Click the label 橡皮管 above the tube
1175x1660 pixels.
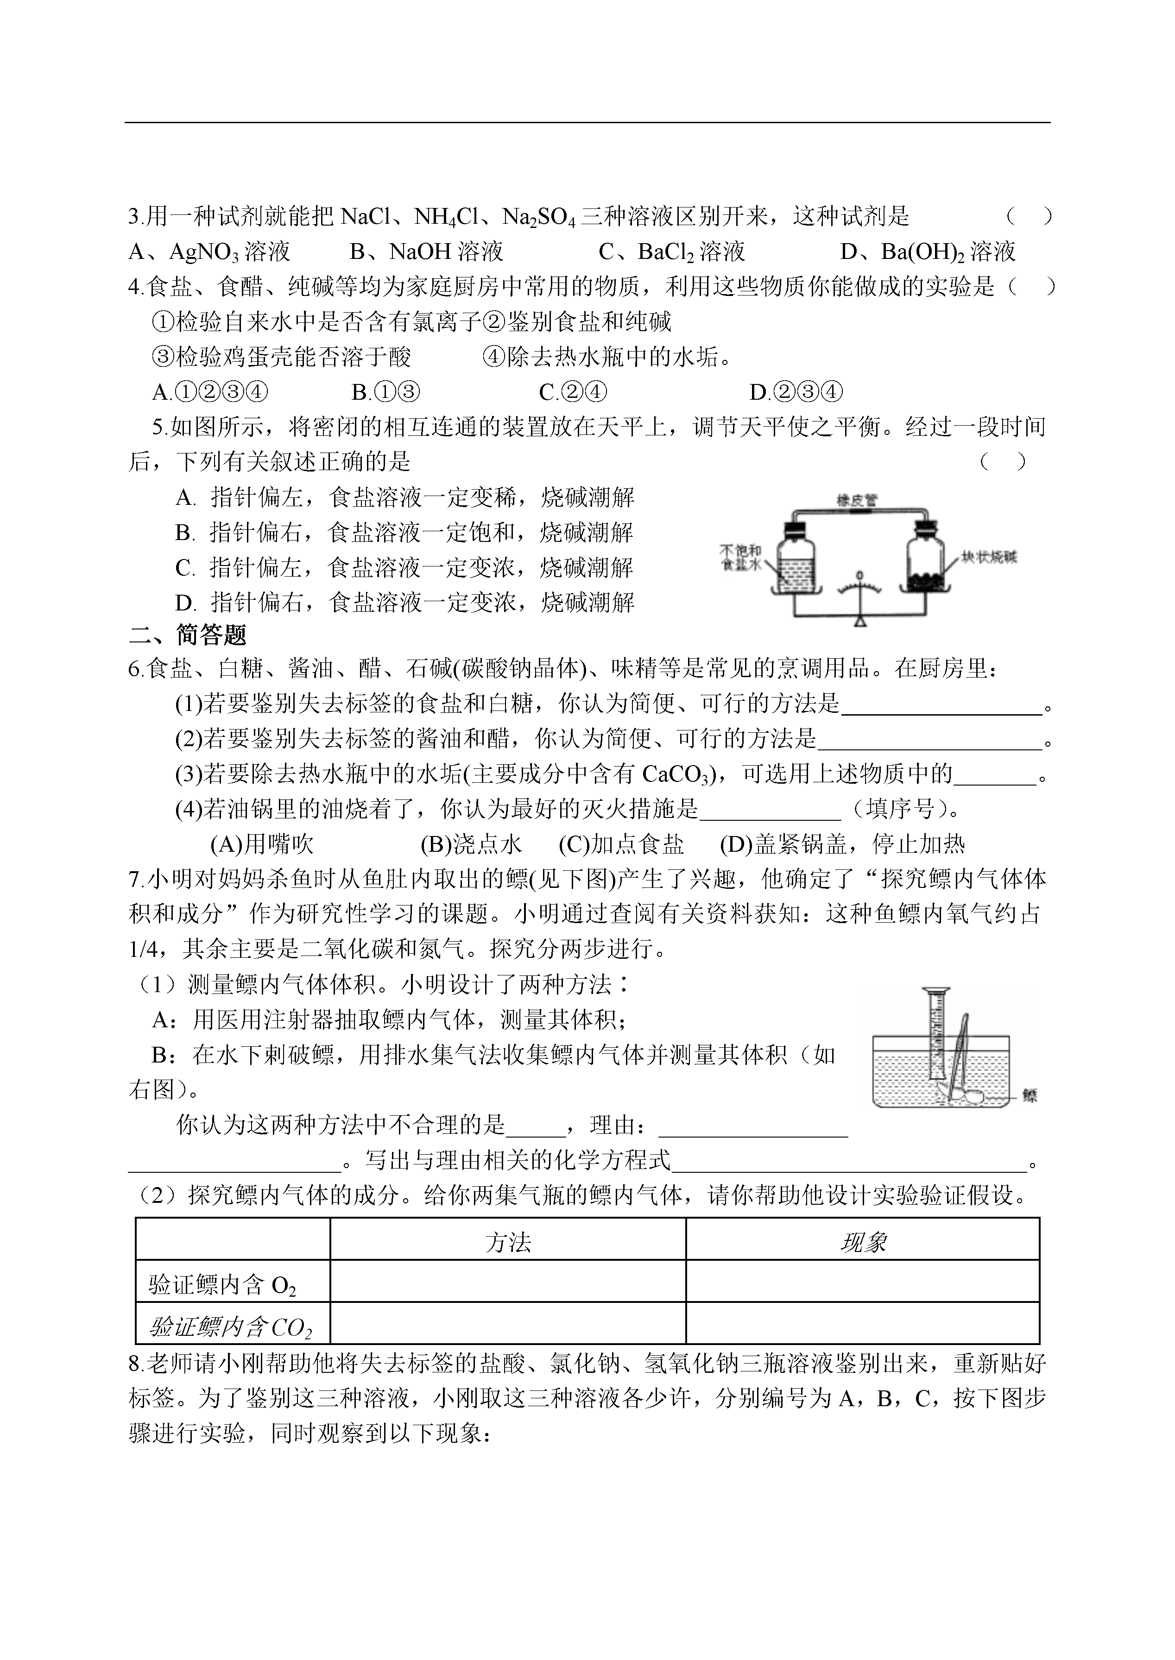(x=857, y=500)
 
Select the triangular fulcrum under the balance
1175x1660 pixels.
(x=859, y=621)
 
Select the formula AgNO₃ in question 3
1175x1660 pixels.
(x=203, y=252)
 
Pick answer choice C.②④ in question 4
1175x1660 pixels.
(x=572, y=392)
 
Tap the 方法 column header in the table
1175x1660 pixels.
(x=508, y=1243)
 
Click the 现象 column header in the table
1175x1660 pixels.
(x=862, y=1243)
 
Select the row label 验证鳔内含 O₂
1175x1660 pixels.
(x=222, y=1285)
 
